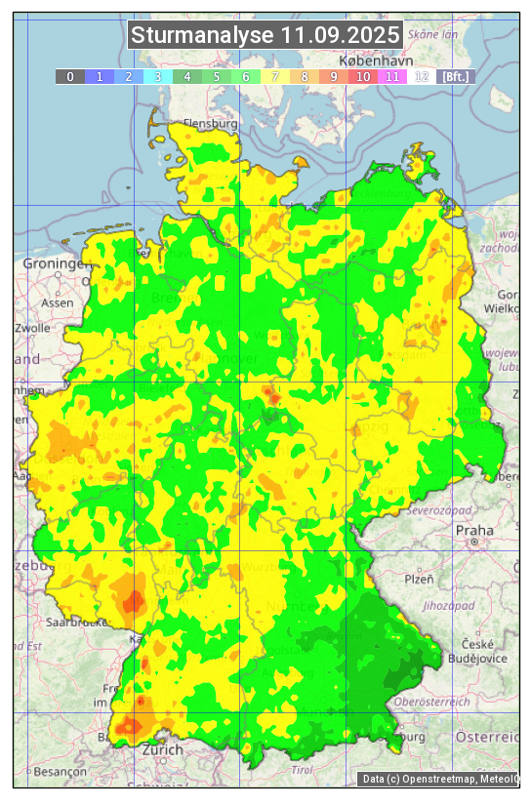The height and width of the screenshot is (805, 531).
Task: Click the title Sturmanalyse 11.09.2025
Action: pyautogui.click(x=265, y=35)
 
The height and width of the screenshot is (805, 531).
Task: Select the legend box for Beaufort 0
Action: pyautogui.click(x=69, y=76)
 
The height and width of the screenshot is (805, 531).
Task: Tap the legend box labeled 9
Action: pyautogui.click(x=333, y=76)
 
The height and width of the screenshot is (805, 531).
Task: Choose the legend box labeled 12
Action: pyautogui.click(x=421, y=76)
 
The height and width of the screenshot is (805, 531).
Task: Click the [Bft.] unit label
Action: pyautogui.click(x=455, y=76)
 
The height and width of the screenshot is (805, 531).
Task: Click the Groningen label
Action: pyautogui.click(x=56, y=263)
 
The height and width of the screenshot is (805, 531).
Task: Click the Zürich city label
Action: pyautogui.click(x=162, y=749)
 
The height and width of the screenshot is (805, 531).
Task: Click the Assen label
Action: pyautogui.click(x=58, y=302)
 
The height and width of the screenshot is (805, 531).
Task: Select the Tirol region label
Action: pyautogui.click(x=304, y=769)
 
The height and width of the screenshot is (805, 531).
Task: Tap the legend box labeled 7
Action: pyautogui.click(x=274, y=76)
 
